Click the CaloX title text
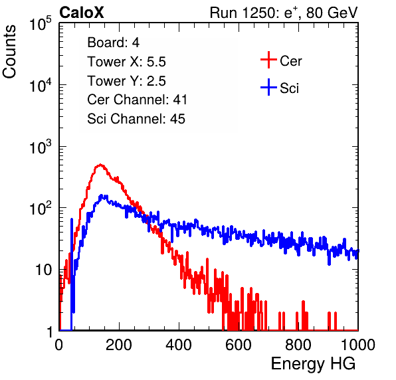click(x=82, y=13)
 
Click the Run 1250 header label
click(x=284, y=13)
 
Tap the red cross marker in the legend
click(x=268, y=60)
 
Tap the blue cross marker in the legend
click(x=268, y=87)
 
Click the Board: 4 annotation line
click(x=113, y=43)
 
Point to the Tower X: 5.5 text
click(x=126, y=62)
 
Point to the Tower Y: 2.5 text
click(x=126, y=81)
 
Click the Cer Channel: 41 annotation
click(x=137, y=100)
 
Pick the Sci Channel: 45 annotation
click(x=136, y=119)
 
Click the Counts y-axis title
click(x=9, y=52)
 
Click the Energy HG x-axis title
click(x=313, y=364)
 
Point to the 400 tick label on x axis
click(x=179, y=345)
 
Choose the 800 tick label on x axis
click(x=298, y=345)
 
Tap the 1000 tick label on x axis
click(x=358, y=345)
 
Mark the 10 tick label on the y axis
click(x=44, y=270)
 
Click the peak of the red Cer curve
click(x=100, y=165)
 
